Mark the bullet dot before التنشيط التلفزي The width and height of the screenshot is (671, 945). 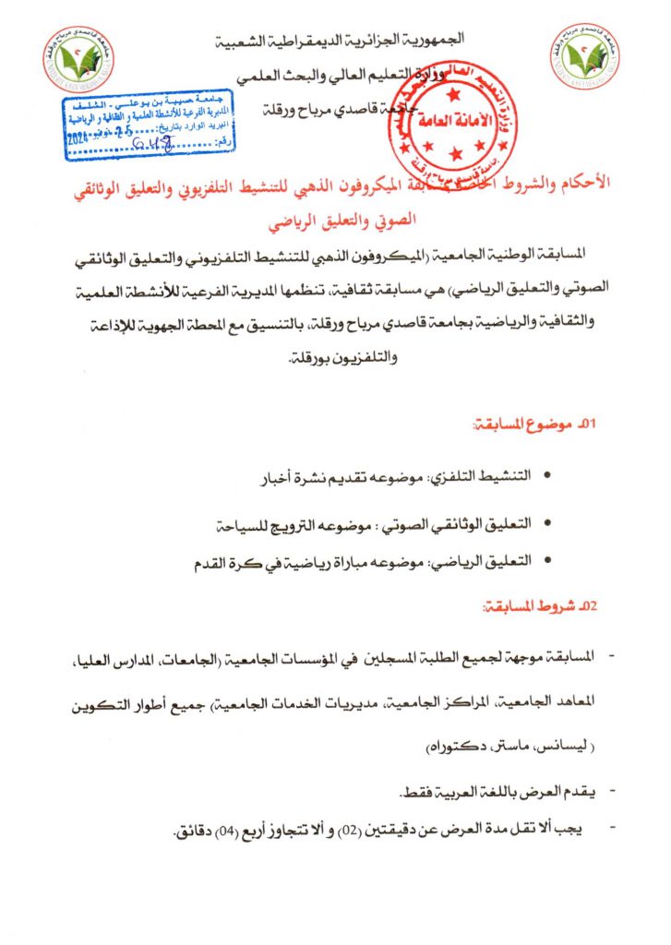(550, 477)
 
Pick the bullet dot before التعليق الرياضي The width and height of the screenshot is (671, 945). (550, 561)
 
